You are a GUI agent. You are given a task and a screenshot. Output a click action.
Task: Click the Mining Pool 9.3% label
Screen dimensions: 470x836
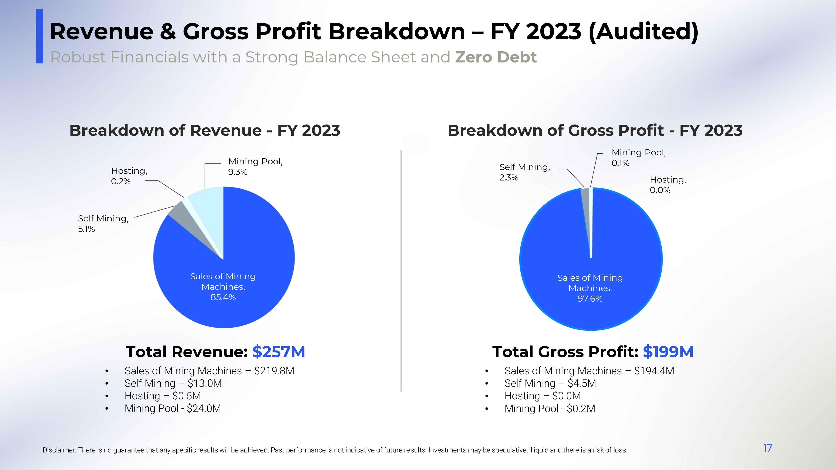255,166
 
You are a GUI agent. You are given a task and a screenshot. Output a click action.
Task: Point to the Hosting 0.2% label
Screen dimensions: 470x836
129,176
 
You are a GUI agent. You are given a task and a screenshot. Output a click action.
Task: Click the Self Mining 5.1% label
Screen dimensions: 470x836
103,224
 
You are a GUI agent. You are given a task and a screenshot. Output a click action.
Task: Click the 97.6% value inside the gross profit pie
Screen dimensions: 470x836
590,299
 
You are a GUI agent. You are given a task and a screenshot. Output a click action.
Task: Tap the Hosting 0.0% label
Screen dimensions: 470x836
668,185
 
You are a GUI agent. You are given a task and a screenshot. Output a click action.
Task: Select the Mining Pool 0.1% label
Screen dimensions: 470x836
638,158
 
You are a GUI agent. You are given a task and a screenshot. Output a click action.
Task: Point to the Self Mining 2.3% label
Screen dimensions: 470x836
524,172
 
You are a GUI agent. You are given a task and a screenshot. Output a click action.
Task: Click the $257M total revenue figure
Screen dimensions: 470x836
278,352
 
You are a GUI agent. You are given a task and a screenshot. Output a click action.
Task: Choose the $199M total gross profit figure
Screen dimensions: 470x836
668,352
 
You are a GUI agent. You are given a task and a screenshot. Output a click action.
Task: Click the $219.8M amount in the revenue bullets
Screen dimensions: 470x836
274,371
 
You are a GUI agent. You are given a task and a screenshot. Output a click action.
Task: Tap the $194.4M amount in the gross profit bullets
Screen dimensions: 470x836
654,371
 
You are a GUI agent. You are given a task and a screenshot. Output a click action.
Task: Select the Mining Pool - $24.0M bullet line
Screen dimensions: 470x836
173,408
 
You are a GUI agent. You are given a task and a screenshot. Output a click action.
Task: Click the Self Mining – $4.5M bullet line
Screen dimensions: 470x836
550,383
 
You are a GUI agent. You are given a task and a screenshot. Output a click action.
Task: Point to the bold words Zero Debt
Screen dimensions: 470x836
496,57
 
